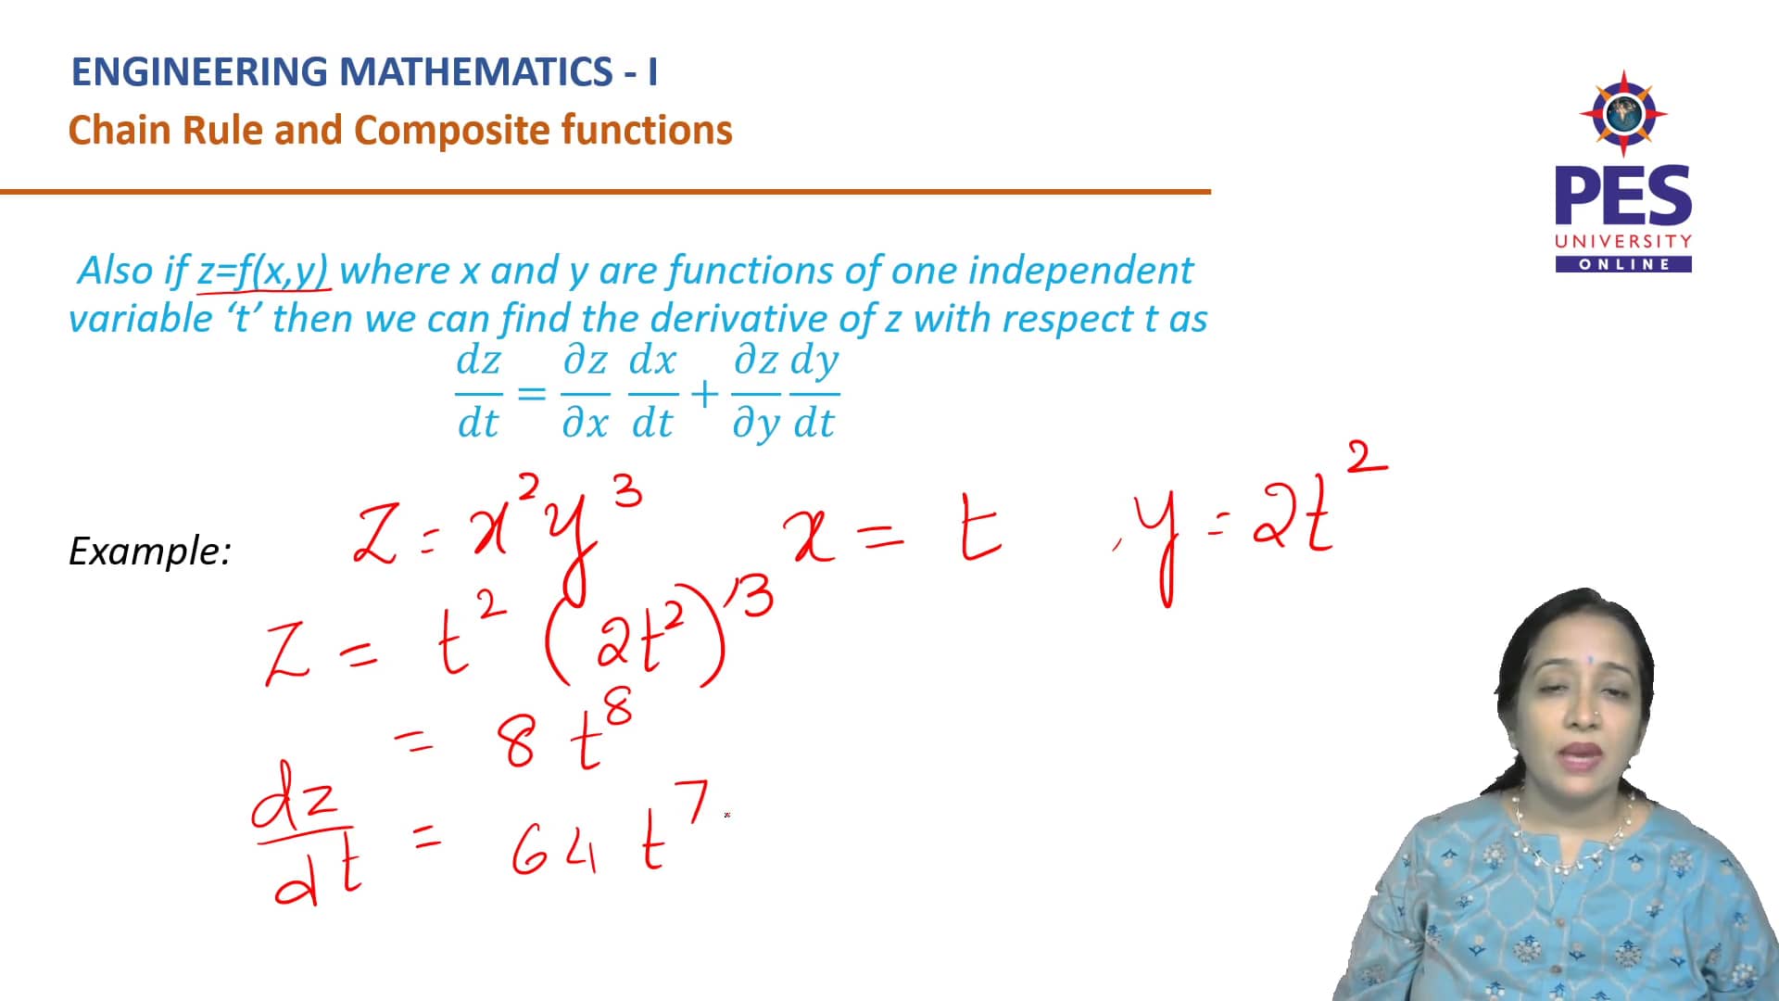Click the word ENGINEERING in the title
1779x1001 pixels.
click(199, 72)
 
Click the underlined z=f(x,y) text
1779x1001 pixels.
click(263, 271)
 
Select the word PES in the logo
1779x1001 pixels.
click(1622, 196)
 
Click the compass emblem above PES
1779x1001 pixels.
click(1623, 114)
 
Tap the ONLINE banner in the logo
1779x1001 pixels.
click(1623, 264)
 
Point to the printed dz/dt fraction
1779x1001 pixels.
click(478, 392)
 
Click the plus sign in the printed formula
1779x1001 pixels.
click(705, 394)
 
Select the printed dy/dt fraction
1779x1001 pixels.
click(814, 392)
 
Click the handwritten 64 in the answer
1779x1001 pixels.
click(554, 849)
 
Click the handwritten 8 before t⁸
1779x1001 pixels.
click(517, 742)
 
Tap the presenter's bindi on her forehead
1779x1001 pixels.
click(1590, 661)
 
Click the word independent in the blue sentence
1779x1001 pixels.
click(1080, 271)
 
